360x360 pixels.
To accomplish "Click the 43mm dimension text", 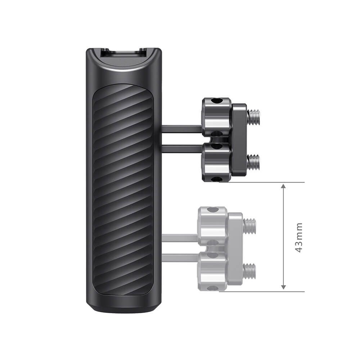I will [x=298, y=237].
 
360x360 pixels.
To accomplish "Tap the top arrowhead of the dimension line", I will [x=284, y=186].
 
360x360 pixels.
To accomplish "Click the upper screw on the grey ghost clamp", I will [x=249, y=225].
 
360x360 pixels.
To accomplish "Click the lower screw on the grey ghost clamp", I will [x=249, y=269].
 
